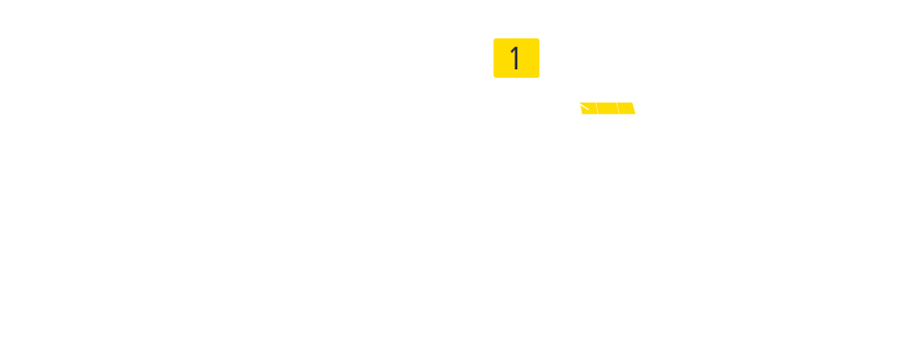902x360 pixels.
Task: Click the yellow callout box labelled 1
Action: click(x=516, y=58)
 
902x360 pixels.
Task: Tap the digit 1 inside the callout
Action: click(x=515, y=59)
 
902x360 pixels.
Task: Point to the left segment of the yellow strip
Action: click(x=588, y=108)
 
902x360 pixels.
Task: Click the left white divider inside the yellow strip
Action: click(x=596, y=108)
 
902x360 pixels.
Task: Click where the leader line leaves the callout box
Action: click(x=538, y=77)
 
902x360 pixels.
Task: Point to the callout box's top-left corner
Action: click(x=494, y=38)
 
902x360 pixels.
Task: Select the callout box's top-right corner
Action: click(x=539, y=38)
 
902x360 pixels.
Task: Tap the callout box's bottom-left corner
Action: click(x=494, y=77)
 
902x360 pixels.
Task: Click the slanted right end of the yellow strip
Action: click(x=633, y=108)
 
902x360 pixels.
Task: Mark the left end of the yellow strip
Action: click(x=582, y=108)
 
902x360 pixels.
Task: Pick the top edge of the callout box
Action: click(x=516, y=38)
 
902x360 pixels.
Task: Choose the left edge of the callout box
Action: click(x=494, y=58)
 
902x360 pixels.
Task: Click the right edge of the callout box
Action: click(x=539, y=58)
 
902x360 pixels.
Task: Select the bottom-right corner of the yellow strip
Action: click(x=635, y=113)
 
